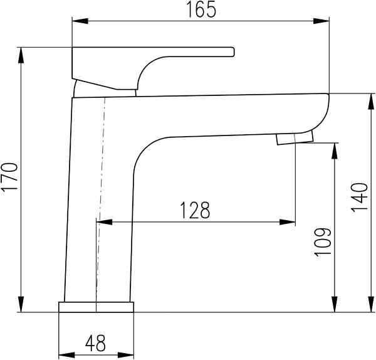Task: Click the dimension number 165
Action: tap(201, 9)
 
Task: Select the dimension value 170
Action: tap(9, 177)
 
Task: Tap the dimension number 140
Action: tap(359, 198)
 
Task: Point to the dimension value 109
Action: tap(323, 242)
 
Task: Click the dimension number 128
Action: tap(195, 210)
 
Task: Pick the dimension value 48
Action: tap(95, 343)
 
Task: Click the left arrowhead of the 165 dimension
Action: tap(80, 21)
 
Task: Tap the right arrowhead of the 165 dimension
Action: tap(321, 21)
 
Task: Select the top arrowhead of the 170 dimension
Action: tap(21, 55)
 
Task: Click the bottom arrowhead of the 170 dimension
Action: tap(21, 304)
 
